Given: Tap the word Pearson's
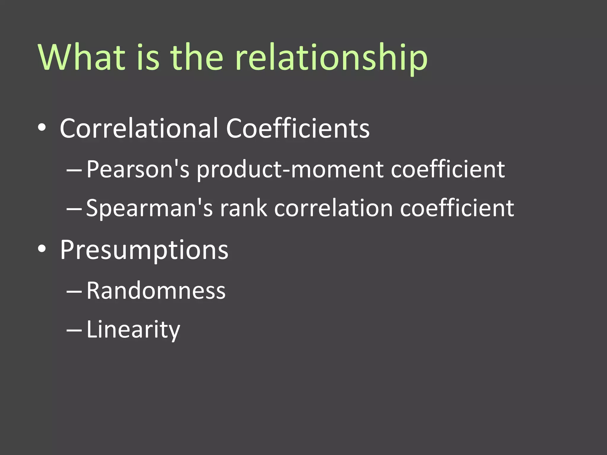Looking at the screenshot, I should pyautogui.click(x=138, y=169).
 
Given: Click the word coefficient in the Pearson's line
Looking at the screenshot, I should pyautogui.click(x=448, y=169).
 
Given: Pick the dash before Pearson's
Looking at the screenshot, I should pyautogui.click(x=74, y=171).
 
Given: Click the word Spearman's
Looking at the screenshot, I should pyautogui.click(x=149, y=209).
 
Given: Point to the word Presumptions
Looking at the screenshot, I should pyautogui.click(x=144, y=250).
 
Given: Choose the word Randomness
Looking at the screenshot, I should pyautogui.click(x=156, y=291).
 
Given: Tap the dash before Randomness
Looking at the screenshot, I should pyautogui.click(x=74, y=292).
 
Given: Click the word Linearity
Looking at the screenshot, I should pyautogui.click(x=133, y=330).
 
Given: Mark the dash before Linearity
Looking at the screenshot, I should pyautogui.click(x=74, y=331).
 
